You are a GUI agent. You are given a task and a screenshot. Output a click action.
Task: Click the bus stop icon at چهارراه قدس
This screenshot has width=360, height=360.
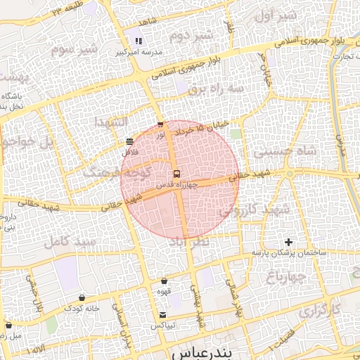tap(176, 173)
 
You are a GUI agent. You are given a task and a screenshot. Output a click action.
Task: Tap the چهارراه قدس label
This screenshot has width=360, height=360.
tap(175, 185)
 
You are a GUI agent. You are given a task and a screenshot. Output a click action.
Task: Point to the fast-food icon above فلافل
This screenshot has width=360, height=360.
tap(129, 141)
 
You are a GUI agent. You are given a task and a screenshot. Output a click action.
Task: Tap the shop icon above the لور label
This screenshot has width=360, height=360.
tap(160, 125)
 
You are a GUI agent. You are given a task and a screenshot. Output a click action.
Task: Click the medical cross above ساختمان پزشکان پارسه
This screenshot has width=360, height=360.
tap(288, 242)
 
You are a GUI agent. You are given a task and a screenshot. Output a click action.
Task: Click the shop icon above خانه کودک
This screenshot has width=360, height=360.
tap(82, 297)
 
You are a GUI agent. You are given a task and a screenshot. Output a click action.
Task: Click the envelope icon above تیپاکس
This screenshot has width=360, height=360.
tap(163, 314)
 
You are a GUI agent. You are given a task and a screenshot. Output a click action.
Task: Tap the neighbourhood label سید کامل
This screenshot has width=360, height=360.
tap(69, 243)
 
